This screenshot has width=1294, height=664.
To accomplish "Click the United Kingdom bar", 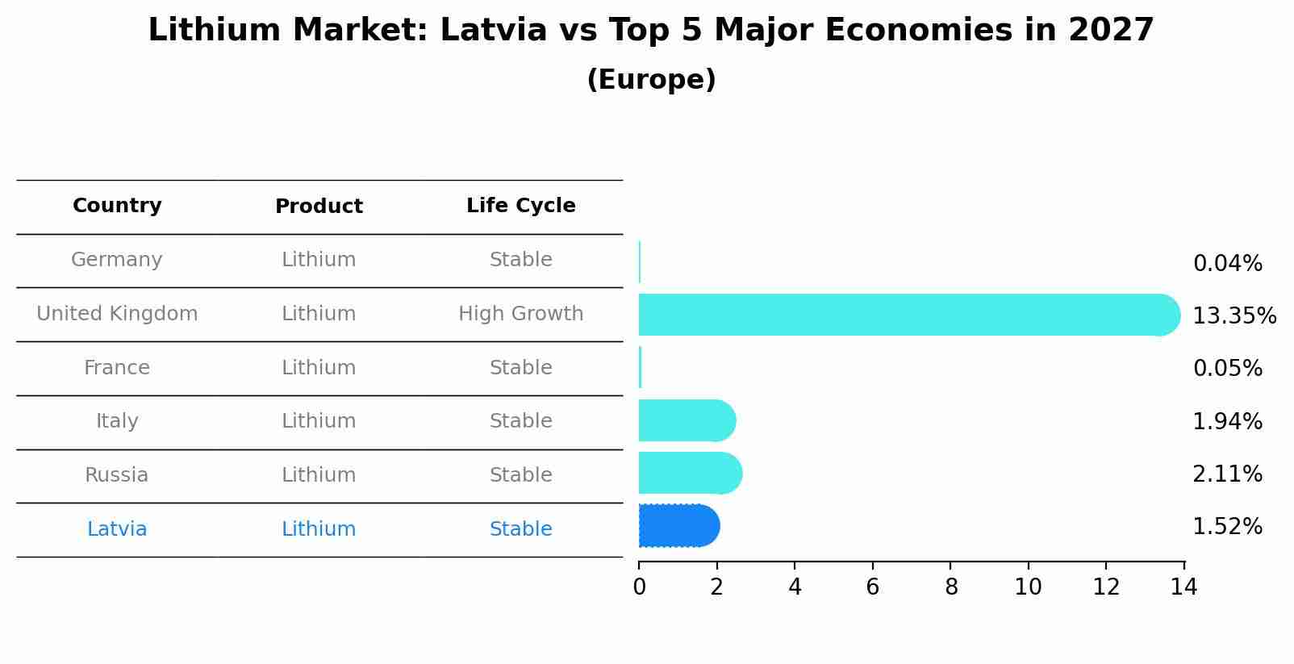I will [x=908, y=315].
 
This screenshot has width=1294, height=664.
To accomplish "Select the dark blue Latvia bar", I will [x=678, y=526].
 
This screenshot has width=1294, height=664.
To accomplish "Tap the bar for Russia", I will [x=690, y=473].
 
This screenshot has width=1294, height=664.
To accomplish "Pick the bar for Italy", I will [x=687, y=420].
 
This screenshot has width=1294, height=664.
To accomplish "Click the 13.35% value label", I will [x=1233, y=316].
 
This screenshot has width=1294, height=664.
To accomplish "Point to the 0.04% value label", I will [x=1227, y=264].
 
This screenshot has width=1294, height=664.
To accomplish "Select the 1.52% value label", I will [x=1227, y=527].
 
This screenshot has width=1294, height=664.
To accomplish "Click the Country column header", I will [x=117, y=206].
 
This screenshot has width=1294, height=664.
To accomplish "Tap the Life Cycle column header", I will [x=520, y=206].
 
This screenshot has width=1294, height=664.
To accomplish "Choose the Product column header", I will [x=319, y=207].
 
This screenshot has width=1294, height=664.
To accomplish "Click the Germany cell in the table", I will [x=117, y=260].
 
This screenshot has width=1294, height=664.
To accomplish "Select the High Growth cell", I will [x=520, y=314].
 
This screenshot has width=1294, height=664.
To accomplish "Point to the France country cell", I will [x=117, y=368].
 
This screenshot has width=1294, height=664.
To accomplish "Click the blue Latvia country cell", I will [x=117, y=529].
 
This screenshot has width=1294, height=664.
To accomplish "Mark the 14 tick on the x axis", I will [x=1183, y=587].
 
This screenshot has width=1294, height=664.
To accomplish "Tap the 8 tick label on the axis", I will [x=950, y=587].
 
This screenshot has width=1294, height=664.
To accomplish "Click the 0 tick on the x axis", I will [x=639, y=587].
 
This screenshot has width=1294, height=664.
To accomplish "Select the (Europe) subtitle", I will [x=651, y=80].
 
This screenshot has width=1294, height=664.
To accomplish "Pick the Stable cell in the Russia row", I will [x=520, y=475].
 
